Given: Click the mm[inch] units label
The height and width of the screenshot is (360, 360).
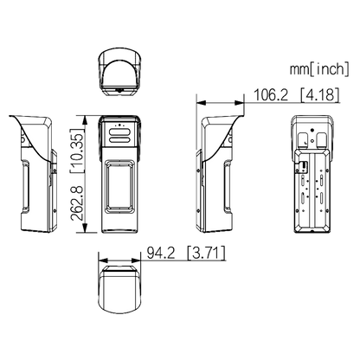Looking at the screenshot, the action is pos(319,69).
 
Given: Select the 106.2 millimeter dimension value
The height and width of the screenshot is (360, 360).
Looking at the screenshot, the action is pos(271,94).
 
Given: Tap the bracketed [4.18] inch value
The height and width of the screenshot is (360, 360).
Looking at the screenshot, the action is pos(319,94).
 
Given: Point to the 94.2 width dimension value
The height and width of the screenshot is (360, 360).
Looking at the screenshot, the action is pos(161,253).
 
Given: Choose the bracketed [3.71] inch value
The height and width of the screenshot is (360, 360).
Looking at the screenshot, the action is pos(206,253).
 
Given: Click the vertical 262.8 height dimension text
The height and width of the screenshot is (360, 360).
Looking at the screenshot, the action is pos(77,203).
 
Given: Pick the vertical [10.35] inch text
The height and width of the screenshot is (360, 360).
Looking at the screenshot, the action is pos(77,151).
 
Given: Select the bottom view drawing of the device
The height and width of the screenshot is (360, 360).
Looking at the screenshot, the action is pos(119,290).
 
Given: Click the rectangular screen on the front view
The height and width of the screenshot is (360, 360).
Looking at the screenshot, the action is pos(119,186).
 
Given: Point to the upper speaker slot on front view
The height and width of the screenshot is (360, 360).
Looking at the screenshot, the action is pos(119,132).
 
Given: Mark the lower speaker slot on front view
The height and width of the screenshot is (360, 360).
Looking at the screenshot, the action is pos(119,140).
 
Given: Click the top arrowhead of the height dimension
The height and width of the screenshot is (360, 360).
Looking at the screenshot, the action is pos(85,119).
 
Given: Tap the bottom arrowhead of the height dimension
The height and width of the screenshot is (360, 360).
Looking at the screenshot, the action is pos(85,228).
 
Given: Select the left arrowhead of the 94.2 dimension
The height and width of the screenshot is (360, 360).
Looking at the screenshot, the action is pos(103,260).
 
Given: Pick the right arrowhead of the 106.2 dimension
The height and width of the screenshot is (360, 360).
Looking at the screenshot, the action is pos(240,103).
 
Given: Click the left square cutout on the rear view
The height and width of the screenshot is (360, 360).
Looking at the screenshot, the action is pos(303,139).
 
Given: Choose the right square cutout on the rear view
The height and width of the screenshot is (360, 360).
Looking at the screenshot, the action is pos(322,139).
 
